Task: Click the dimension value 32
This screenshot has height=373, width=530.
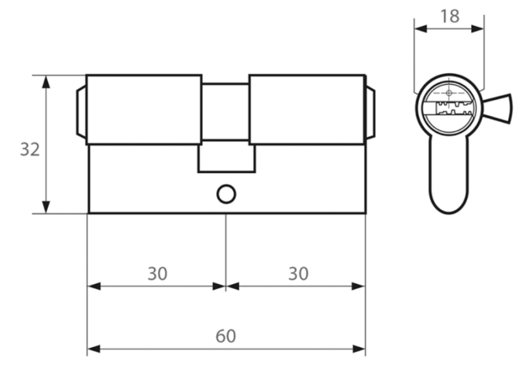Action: (30, 150)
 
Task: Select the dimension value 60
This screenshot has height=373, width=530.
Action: (226, 336)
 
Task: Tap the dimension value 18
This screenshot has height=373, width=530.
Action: (450, 17)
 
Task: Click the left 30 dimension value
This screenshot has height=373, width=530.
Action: (157, 274)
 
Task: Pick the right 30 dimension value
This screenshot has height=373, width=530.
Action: (298, 274)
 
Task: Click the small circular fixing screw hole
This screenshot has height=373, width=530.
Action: (226, 194)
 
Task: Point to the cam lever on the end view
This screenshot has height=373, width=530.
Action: (498, 109)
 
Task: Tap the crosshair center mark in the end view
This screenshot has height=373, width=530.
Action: (449, 93)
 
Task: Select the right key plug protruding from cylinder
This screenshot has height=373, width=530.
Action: (370, 112)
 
